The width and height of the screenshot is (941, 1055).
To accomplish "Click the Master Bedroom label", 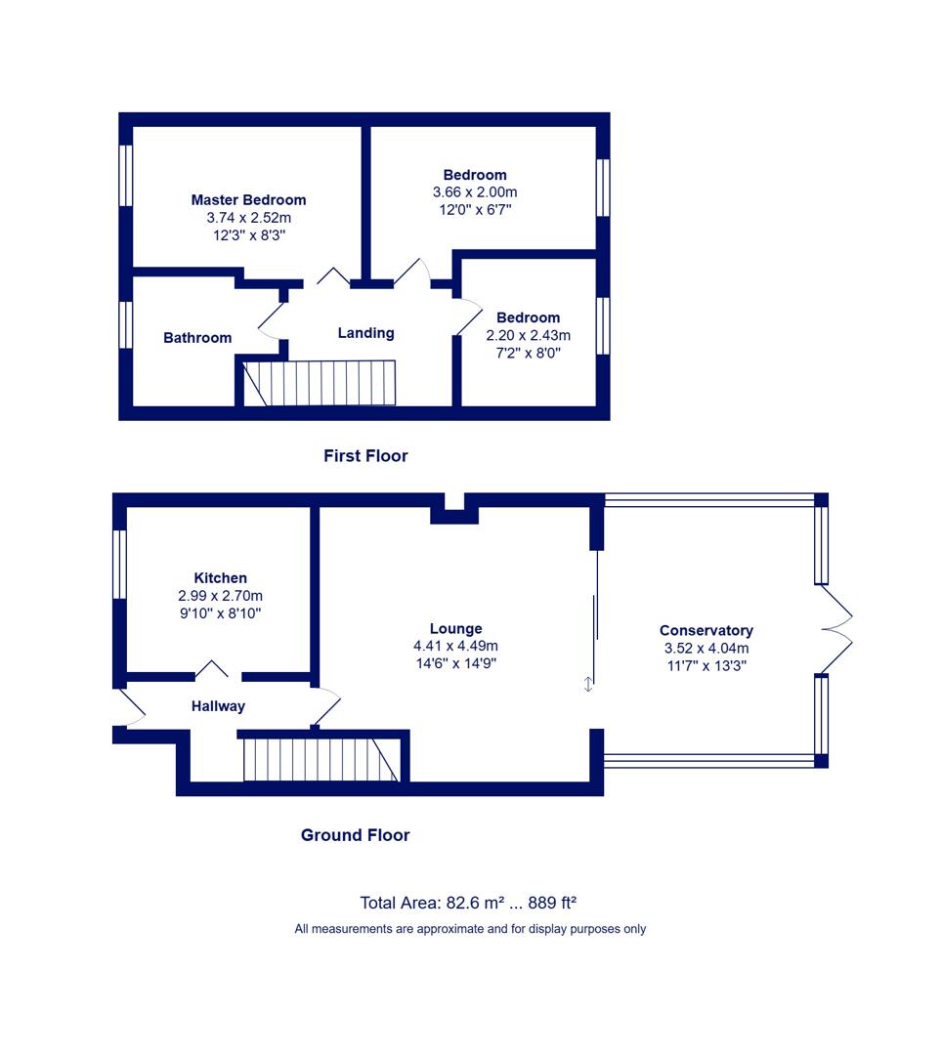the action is pyautogui.click(x=248, y=200).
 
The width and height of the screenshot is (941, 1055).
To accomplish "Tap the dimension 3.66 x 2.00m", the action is pyautogui.click(x=475, y=192).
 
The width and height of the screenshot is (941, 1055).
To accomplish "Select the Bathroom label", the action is pyautogui.click(x=197, y=338).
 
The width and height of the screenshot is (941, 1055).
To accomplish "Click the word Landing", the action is pyautogui.click(x=365, y=333).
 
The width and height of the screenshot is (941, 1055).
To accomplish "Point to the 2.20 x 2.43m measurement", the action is pyautogui.click(x=529, y=335).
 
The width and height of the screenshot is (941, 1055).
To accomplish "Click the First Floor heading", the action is pyautogui.click(x=365, y=456).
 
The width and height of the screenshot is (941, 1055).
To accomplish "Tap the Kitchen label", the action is pyautogui.click(x=220, y=578).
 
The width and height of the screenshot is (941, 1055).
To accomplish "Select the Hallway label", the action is pyautogui.click(x=218, y=706).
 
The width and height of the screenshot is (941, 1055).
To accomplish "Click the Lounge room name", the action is pyautogui.click(x=455, y=629).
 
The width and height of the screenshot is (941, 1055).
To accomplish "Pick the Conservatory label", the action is pyautogui.click(x=706, y=630).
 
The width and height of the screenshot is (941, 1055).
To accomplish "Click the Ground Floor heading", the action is pyautogui.click(x=355, y=835).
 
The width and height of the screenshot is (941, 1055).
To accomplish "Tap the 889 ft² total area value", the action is pyautogui.click(x=552, y=903).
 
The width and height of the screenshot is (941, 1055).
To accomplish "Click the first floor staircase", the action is pyautogui.click(x=320, y=383).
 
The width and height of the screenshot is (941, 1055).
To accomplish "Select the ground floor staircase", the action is pyautogui.click(x=321, y=760).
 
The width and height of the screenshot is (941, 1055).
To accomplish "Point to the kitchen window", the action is pyautogui.click(x=119, y=564).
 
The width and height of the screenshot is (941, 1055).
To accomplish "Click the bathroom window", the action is pyautogui.click(x=126, y=324).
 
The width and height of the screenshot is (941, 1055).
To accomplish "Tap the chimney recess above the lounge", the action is pyautogui.click(x=454, y=509).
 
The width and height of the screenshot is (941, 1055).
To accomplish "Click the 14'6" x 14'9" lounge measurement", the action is pyautogui.click(x=455, y=663).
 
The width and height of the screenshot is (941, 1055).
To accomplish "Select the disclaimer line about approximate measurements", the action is pyautogui.click(x=470, y=929).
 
